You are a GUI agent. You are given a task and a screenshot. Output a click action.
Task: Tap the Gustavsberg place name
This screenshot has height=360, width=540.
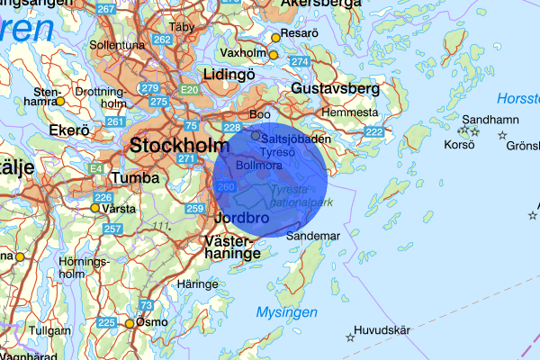pyautogui.click(x=336, y=89)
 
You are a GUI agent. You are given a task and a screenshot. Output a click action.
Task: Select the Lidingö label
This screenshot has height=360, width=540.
pyautogui.click(x=230, y=75)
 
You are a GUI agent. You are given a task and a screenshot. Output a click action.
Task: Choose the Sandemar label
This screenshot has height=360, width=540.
pyautogui.click(x=313, y=236)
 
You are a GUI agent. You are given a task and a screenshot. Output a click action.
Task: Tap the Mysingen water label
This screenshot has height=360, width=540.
pyautogui.click(x=286, y=312)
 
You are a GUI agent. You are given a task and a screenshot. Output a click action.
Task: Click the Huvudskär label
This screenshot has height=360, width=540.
pyautogui.click(x=382, y=330)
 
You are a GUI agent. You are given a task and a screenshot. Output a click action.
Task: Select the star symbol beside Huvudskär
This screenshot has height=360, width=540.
pyautogui.click(x=350, y=337)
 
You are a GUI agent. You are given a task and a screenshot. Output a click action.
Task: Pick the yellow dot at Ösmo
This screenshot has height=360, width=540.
pyautogui.click(x=129, y=323)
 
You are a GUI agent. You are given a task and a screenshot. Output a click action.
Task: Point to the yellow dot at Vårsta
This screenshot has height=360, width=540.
pyautogui.click(x=94, y=208)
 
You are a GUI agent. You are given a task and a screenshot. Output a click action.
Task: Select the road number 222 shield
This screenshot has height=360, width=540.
pyautogui.click(x=374, y=132)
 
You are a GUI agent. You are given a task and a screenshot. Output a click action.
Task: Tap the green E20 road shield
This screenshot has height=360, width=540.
pyautogui.click(x=189, y=91)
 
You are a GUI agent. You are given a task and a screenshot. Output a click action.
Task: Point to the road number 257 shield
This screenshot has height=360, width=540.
pyautogui.click(x=113, y=229)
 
